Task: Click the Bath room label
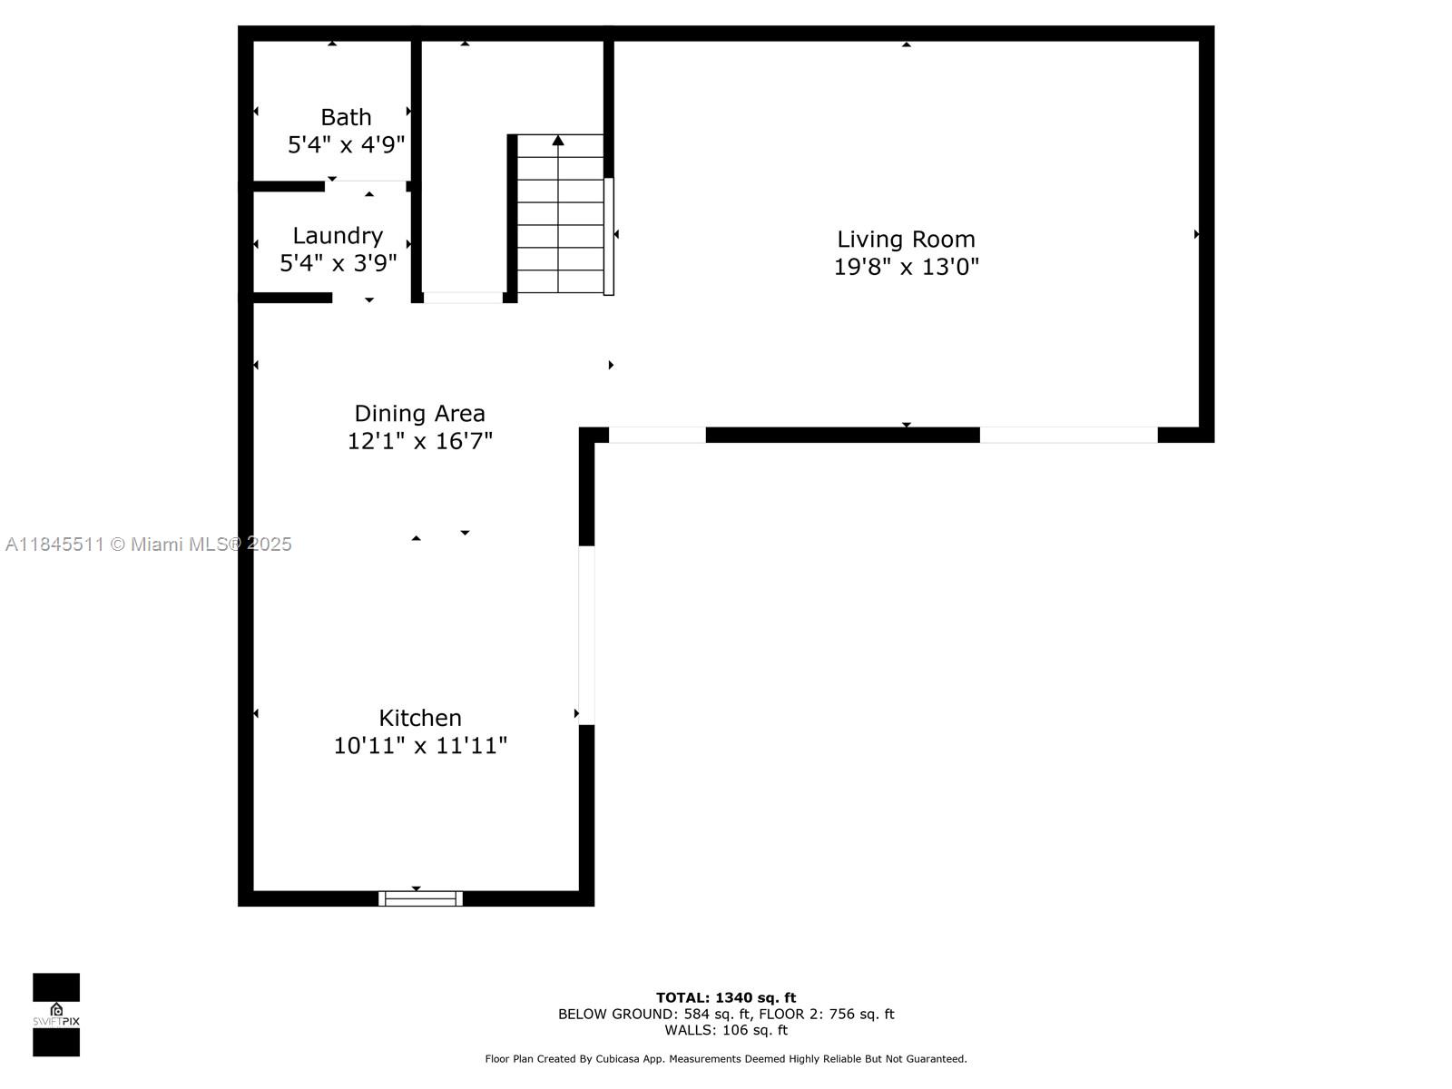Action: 346,117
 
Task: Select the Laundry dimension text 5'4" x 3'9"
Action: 338,263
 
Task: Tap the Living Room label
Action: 906,239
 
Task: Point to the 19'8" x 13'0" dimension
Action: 906,267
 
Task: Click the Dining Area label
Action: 419,413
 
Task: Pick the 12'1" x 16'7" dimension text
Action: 419,441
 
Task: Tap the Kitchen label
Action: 419,718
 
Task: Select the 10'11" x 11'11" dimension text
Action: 419,746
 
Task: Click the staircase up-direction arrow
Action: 558,141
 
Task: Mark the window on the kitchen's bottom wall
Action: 420,898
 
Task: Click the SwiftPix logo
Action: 56,1015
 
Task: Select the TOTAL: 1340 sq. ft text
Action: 726,997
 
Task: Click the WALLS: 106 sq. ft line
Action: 726,1030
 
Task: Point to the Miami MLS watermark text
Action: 149,544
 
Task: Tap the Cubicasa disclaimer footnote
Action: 726,1059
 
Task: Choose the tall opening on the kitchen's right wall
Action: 586,635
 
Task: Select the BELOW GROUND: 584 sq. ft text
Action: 653,1014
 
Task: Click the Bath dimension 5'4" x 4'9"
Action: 346,145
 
